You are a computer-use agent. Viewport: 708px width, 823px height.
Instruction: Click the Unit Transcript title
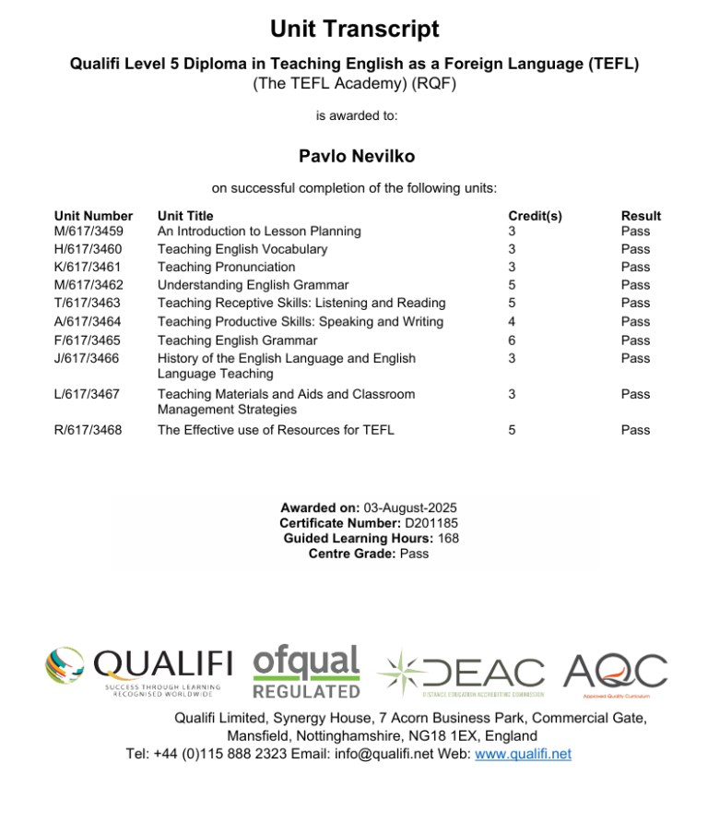(x=354, y=30)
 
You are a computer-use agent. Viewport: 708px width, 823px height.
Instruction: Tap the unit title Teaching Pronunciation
(x=226, y=267)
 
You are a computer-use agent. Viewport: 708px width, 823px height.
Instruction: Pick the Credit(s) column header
(x=535, y=216)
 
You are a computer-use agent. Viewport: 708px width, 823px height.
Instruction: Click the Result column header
(x=641, y=216)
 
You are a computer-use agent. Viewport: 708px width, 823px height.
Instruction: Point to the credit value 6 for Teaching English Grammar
(x=513, y=340)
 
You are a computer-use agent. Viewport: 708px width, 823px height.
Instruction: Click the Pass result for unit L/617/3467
(x=635, y=394)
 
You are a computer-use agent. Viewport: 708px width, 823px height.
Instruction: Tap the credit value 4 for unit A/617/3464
(x=513, y=321)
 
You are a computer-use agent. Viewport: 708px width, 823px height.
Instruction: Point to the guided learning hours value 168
(x=449, y=538)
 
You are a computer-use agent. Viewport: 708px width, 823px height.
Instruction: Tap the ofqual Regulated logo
(x=306, y=672)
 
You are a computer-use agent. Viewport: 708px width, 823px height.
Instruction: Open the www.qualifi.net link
(x=522, y=754)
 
